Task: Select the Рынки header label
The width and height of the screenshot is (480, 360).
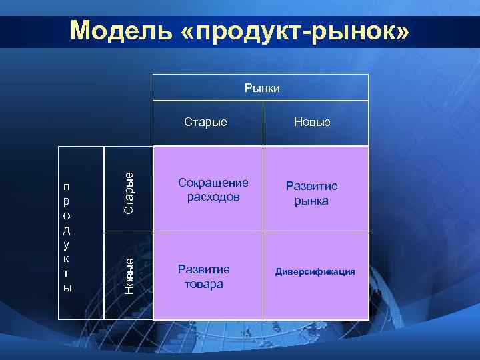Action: [x=262, y=87]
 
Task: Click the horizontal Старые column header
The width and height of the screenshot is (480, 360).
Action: [x=205, y=122]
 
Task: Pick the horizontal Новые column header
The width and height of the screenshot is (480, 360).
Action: [x=313, y=122]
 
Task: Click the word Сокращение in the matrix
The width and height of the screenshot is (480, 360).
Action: [x=213, y=183]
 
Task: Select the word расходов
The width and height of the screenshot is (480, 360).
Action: [x=213, y=197]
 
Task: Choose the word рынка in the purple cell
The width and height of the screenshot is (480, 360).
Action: [x=312, y=201]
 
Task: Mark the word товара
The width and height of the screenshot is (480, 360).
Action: [x=204, y=283]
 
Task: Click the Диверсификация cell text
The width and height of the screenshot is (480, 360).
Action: [x=316, y=272]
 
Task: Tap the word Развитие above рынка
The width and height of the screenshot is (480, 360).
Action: [x=312, y=186]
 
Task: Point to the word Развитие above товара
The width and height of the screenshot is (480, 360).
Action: [x=204, y=269]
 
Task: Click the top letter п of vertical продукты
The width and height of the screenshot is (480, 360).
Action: [x=66, y=187]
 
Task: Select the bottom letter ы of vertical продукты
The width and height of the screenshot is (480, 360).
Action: [x=67, y=287]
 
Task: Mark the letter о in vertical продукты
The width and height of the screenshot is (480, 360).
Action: [x=66, y=215]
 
